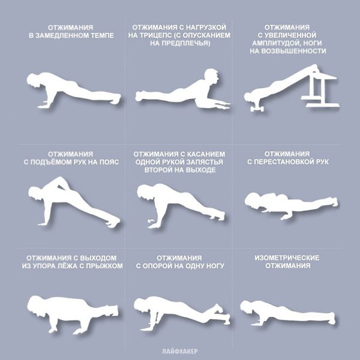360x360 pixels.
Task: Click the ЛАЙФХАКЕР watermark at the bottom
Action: [180, 351]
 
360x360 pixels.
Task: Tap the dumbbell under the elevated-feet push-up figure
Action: [257, 109]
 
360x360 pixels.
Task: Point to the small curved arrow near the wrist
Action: [151, 221]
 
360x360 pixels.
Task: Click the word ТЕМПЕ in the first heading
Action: [103, 35]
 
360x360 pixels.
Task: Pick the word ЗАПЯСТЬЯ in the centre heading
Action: [205, 162]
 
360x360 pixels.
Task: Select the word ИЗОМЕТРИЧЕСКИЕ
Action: [287, 258]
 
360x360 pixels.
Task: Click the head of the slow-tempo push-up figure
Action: [34, 80]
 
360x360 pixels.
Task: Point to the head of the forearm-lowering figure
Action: [211, 76]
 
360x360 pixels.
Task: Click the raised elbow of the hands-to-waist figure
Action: [59, 179]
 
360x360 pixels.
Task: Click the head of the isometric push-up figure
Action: [247, 307]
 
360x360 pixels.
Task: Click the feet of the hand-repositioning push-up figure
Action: [334, 202]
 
